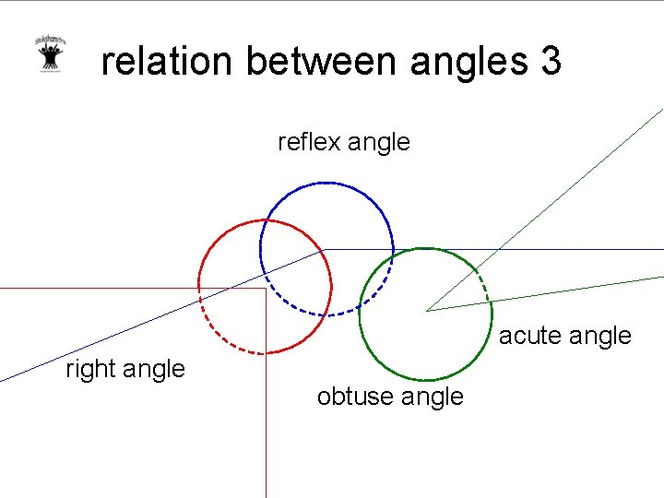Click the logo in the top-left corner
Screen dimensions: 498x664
tap(48, 54)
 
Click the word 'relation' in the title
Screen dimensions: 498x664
tap(167, 62)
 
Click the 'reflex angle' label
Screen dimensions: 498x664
tap(344, 142)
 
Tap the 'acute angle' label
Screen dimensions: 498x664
tap(565, 336)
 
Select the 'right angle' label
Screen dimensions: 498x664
tap(125, 369)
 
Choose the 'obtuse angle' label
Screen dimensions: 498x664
tap(390, 397)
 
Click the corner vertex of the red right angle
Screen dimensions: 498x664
tap(266, 289)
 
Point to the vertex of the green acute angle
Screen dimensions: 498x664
tap(427, 311)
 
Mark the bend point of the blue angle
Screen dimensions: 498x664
tap(325, 249)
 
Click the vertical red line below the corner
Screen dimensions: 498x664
tap(266, 415)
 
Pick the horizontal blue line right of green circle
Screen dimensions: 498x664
tap(572, 249)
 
